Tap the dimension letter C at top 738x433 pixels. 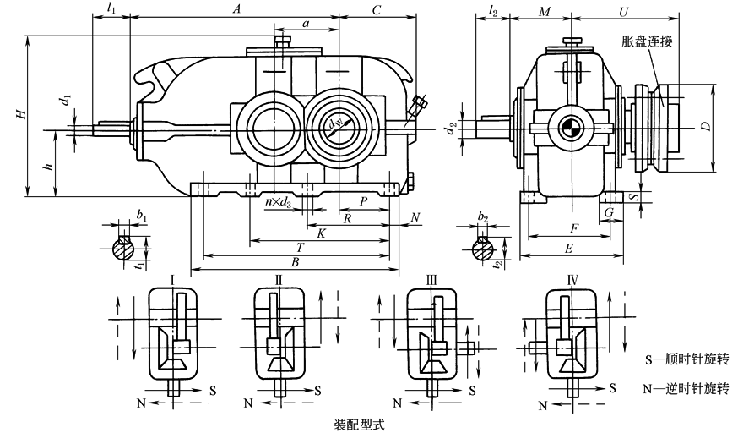point(377,9)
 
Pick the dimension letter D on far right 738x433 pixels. point(716,127)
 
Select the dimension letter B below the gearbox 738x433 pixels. point(294,262)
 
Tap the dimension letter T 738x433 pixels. point(299,247)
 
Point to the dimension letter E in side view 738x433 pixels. point(568,249)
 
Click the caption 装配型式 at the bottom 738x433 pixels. point(359,420)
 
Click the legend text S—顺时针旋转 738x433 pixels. point(686,359)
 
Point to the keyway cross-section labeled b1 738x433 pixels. point(123,247)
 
